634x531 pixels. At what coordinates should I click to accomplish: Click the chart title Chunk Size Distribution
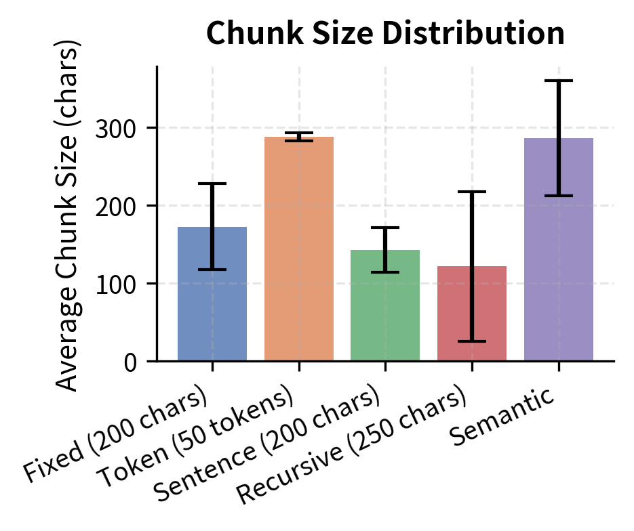[x=385, y=34]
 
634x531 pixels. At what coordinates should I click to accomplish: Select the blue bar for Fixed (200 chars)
[x=212, y=305]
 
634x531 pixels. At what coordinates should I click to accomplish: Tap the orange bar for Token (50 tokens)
[x=298, y=257]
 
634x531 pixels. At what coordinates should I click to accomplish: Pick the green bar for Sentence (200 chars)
[x=385, y=312]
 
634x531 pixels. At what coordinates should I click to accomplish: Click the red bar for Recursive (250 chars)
[x=472, y=318]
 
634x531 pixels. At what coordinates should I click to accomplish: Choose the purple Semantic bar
[x=559, y=257]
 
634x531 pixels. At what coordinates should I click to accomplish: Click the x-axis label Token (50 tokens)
[x=197, y=439]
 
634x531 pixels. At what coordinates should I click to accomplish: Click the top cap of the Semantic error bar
[x=559, y=81]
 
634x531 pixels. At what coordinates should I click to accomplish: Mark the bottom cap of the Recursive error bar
[x=472, y=341]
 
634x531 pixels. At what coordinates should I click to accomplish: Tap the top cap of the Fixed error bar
[x=212, y=184]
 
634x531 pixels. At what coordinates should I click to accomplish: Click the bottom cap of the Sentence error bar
[x=385, y=272]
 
